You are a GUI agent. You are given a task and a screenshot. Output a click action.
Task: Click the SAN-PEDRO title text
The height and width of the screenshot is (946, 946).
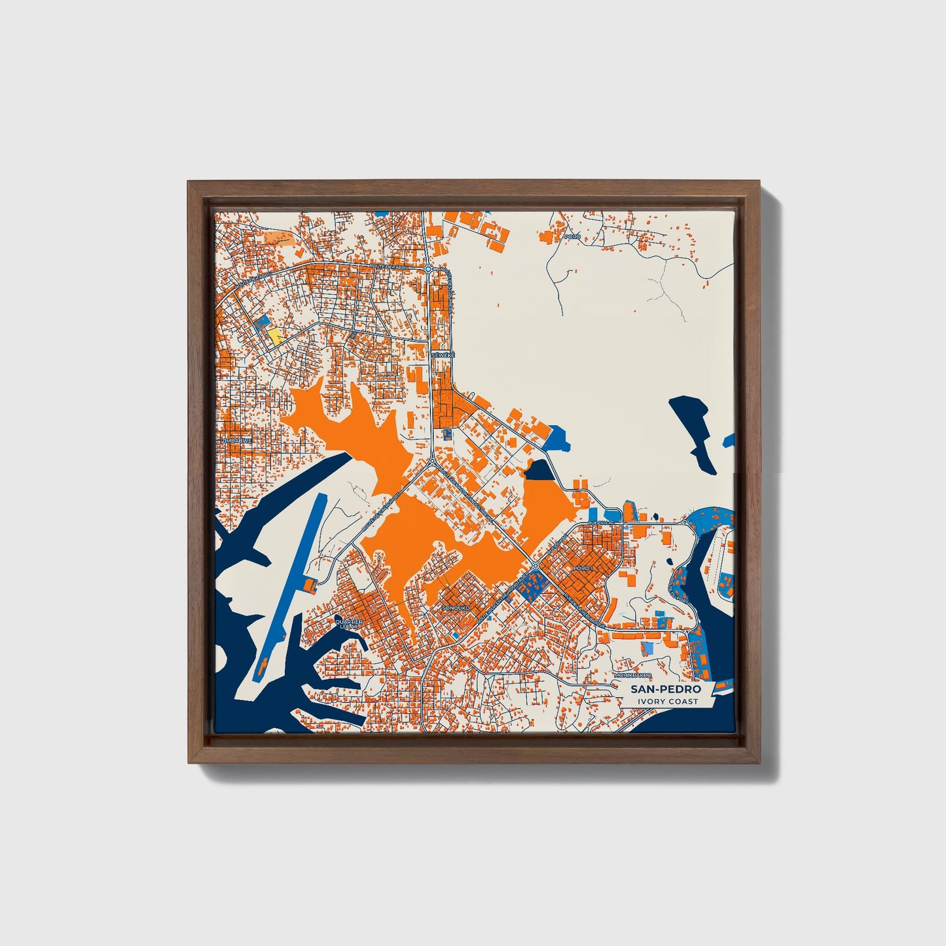pos(665,689)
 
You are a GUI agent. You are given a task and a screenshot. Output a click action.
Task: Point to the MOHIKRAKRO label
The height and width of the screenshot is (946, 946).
pos(633,675)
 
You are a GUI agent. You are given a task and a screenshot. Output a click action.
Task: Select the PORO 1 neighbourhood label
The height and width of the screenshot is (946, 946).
pos(582,568)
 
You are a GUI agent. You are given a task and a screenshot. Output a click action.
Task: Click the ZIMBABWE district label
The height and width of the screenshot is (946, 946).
pos(236,442)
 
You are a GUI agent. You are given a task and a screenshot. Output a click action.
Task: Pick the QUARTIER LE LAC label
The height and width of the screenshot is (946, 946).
pos(348,623)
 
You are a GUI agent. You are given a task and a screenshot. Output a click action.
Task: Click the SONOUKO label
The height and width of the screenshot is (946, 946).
pos(456,608)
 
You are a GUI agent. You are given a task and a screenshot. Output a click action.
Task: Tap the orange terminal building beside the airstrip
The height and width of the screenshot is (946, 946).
pos(310,583)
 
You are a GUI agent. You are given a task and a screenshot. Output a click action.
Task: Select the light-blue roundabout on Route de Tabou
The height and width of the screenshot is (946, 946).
pos(428,268)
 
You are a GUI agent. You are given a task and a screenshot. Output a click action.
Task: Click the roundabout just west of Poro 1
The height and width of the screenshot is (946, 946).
pos(535,565)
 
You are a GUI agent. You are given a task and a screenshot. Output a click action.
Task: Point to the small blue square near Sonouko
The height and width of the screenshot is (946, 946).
pos(456,635)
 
